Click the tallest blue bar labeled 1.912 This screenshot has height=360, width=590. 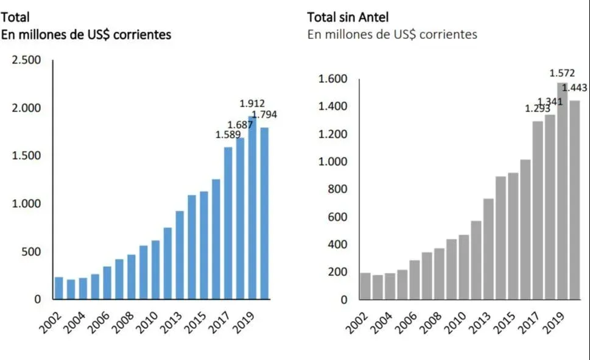tap(252, 207)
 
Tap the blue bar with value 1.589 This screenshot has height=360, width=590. tap(228, 223)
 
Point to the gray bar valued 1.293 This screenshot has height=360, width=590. tap(538, 210)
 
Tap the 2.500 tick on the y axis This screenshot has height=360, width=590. tap(26, 60)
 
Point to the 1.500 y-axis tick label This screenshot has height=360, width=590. tap(26, 155)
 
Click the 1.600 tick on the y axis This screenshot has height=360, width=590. tap(332, 79)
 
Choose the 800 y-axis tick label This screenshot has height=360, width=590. tap(337, 189)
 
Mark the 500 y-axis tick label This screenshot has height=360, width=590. tap(32, 252)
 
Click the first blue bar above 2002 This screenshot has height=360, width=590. tap(59, 288)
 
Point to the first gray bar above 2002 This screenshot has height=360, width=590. tap(365, 286)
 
